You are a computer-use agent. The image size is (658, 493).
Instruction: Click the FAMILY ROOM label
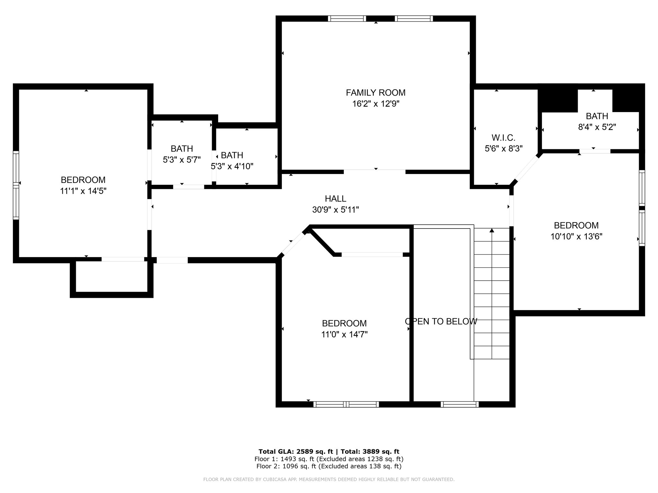(376, 93)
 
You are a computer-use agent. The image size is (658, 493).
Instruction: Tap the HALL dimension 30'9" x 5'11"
(335, 210)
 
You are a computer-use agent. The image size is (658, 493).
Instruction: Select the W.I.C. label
(503, 138)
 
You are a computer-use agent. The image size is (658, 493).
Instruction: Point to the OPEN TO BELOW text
(441, 321)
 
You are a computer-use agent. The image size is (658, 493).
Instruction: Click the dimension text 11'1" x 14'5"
(83, 191)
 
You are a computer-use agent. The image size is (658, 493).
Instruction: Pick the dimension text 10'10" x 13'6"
(576, 237)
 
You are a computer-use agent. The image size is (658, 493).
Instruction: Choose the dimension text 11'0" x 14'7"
(344, 334)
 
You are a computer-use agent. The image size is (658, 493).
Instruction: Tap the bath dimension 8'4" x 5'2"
(597, 127)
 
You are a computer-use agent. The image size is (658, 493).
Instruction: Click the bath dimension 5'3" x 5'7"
(182, 160)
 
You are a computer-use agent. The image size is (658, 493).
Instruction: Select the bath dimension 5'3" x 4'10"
(232, 166)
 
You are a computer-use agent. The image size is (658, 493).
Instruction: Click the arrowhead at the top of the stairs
(492, 230)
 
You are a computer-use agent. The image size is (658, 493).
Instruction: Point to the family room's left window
(347, 19)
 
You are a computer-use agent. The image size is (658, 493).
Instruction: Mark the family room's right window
(414, 19)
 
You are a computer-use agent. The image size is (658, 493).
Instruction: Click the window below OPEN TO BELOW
(460, 404)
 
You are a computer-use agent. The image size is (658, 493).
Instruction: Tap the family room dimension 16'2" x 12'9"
(376, 104)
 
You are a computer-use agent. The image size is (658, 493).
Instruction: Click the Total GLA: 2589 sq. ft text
(297, 452)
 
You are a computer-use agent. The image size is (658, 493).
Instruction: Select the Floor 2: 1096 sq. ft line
(329, 466)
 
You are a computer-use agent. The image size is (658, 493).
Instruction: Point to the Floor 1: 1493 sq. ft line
(329, 459)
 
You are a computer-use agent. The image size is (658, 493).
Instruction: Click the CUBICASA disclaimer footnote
(329, 480)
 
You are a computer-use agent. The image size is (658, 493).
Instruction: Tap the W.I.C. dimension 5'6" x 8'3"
(503, 149)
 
